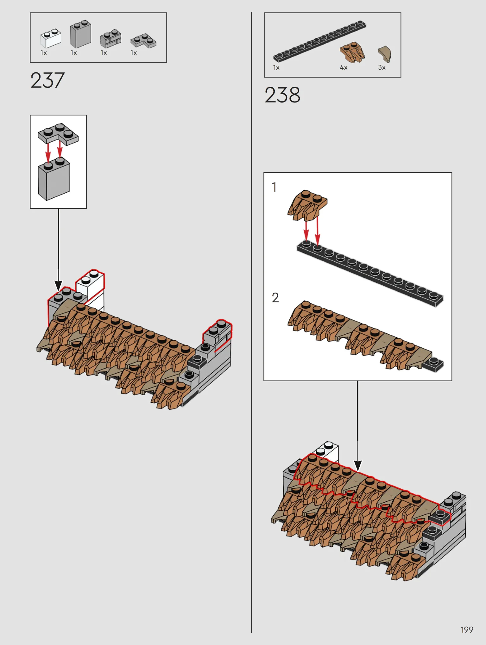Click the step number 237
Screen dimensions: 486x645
47,80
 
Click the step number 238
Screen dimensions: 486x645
282,95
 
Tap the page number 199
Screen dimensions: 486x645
467,629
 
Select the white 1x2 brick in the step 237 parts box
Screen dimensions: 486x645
51,38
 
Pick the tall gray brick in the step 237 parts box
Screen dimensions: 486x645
80,34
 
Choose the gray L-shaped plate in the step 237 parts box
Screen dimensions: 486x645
143,40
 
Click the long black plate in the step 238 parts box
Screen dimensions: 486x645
320,41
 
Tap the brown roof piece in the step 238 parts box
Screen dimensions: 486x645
352,52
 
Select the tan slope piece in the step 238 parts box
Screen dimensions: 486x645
385,54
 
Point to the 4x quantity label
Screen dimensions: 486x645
344,67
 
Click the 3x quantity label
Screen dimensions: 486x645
382,67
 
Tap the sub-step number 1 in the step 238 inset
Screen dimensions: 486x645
274,187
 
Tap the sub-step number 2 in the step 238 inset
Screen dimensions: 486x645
275,297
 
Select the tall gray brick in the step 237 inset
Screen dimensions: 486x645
54,179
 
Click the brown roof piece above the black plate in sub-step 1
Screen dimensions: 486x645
307,205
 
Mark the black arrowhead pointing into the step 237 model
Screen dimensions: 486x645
58,285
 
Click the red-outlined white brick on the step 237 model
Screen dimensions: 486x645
90,286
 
